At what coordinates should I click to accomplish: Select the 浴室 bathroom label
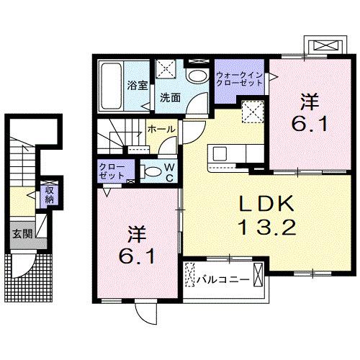click(x=138, y=85)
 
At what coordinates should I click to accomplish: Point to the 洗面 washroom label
click(x=170, y=97)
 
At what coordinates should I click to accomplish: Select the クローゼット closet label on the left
click(x=112, y=171)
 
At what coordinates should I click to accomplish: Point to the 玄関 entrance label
click(x=21, y=233)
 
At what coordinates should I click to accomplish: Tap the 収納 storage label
click(x=49, y=195)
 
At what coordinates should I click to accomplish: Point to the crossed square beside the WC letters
click(x=253, y=112)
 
